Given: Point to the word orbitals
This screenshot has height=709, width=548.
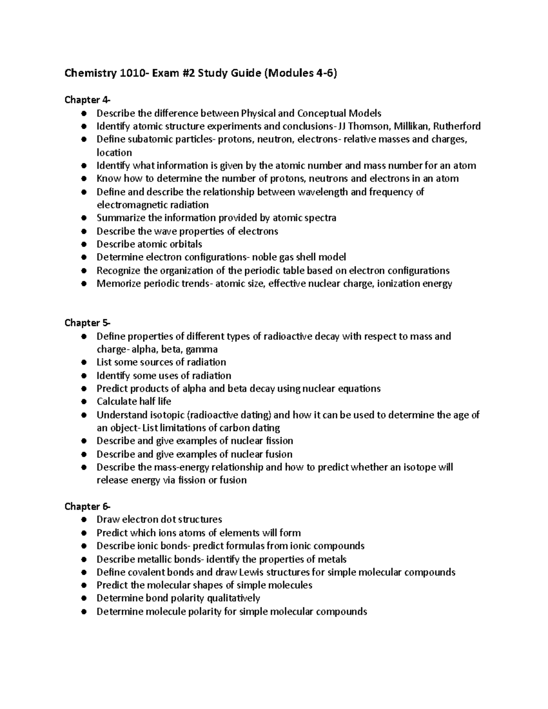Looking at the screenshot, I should coord(183,244).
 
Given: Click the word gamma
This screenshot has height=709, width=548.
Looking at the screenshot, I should coord(202,349).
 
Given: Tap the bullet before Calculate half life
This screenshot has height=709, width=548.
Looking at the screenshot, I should coord(83,402).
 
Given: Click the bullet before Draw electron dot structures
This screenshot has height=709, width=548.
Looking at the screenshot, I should coord(83,520).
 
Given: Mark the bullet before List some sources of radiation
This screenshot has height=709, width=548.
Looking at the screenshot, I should coord(83,362).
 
